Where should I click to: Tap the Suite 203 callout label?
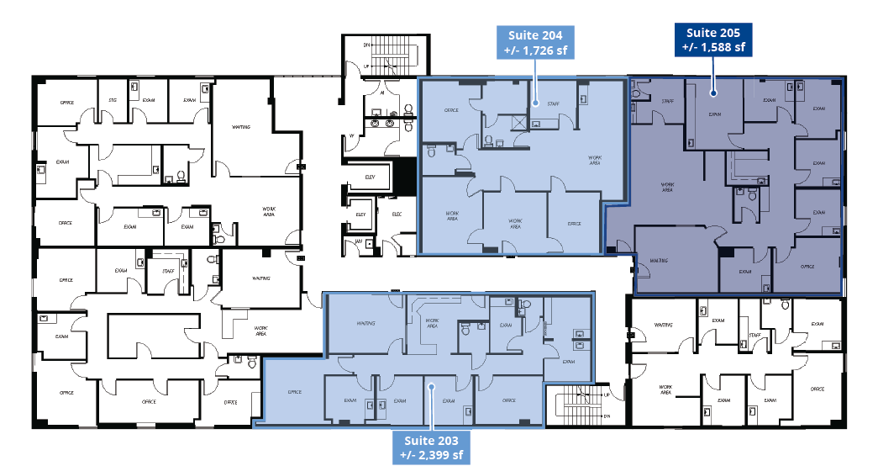(431, 447)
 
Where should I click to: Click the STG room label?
(112, 100)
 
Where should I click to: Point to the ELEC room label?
(397, 214)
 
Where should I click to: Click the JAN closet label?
(359, 242)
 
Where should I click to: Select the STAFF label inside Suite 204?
(554, 103)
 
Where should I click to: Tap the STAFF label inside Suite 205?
(668, 101)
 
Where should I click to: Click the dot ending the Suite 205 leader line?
(713, 93)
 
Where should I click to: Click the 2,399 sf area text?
(431, 455)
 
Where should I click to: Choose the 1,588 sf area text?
(715, 47)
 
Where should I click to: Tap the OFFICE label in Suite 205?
(807, 267)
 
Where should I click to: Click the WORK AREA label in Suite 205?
(668, 188)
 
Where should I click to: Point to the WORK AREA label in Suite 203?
(432, 322)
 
